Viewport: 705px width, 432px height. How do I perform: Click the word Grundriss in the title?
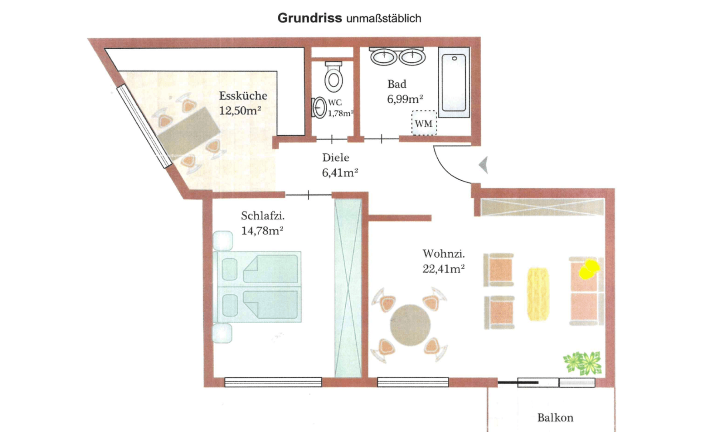pos(309,18)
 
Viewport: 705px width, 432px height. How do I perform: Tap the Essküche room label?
pos(243,96)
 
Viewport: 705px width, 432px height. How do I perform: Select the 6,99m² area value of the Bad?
pos(405,99)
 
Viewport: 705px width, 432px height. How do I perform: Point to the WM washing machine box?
pos(424,123)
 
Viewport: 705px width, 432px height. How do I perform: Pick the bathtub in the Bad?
pos(454,82)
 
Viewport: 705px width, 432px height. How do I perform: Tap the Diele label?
pos(336,158)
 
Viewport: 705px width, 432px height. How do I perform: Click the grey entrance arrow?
pos(484,164)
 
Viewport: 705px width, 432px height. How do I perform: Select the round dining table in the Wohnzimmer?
pos(410,325)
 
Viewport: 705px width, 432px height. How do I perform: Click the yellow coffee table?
pos(538,294)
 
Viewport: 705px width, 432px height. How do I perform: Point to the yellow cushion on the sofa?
pos(589,269)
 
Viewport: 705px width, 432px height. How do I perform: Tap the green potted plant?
pos(583,363)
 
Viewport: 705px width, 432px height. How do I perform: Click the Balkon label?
pos(555,418)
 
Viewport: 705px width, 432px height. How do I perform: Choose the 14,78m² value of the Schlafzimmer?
pos(262,231)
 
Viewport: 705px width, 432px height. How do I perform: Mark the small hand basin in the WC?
pos(319,108)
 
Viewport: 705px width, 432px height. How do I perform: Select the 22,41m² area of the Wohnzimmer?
pos(443,269)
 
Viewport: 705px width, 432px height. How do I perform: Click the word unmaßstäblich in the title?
pos(383,19)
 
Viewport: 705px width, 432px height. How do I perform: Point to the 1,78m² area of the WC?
pos(340,114)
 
